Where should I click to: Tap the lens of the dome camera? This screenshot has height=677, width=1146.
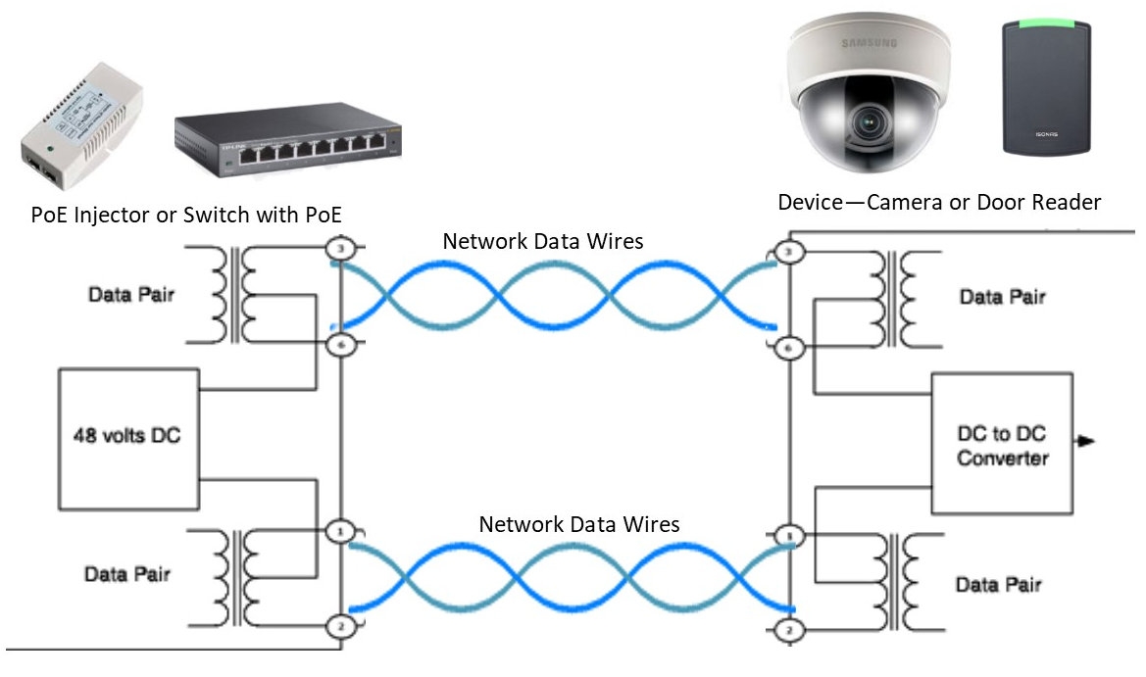coord(869,123)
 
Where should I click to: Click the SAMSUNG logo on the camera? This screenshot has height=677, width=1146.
coord(867,42)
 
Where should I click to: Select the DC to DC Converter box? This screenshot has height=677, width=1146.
coord(1002,444)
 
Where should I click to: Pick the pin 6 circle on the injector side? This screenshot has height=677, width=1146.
coord(340,344)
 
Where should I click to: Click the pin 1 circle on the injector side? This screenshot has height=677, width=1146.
coord(340,531)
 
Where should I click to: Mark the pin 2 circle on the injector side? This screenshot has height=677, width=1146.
coord(340,624)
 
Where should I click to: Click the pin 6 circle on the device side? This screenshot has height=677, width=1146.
coord(790,348)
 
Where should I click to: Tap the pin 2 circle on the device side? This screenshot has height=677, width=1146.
coord(790,629)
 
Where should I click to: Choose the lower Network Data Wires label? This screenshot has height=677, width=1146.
coord(578,525)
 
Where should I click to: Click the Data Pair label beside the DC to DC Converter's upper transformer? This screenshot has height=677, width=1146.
coord(1002,298)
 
